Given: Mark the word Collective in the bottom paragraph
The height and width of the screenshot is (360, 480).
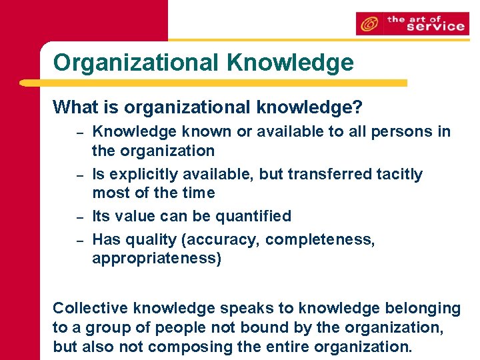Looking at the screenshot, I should pos(91,308).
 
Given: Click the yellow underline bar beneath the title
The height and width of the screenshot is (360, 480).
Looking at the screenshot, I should pos(213,83).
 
